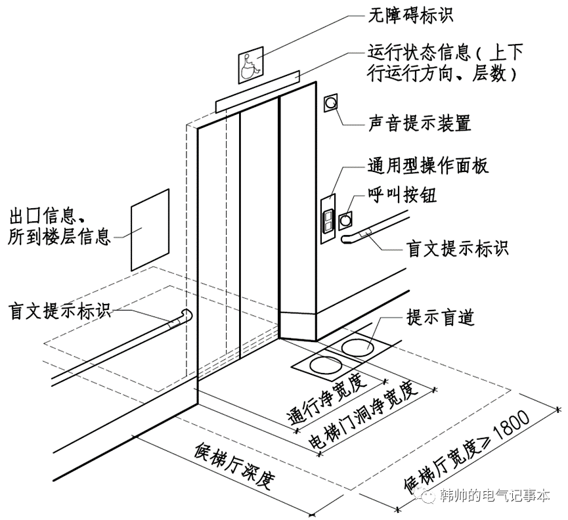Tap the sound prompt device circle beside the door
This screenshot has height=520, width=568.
click(x=332, y=102)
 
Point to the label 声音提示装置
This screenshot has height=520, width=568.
click(x=421, y=122)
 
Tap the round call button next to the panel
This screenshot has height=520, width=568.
click(x=345, y=219)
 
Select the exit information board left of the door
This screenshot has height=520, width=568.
click(x=150, y=228)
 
